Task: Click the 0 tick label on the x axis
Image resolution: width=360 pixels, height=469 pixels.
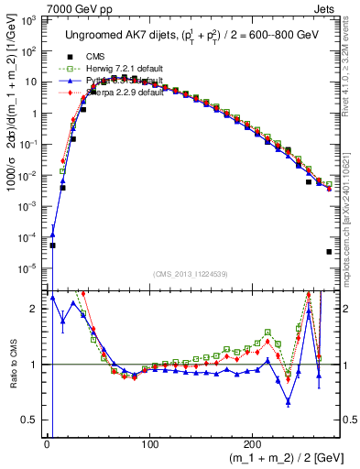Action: pos(47,443)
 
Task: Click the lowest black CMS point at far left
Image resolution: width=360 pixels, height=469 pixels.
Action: pos(52,245)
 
